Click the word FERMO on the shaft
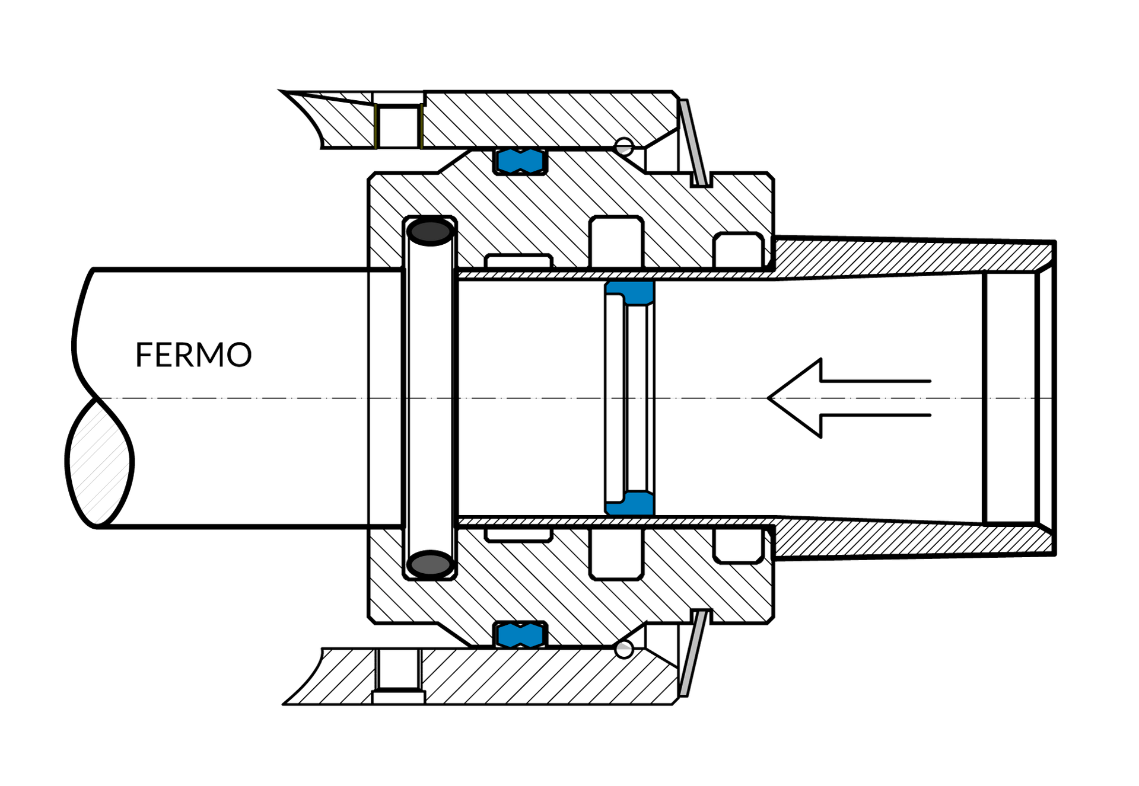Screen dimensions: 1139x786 coord(193,354)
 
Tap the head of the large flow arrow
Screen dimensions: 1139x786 coord(795,398)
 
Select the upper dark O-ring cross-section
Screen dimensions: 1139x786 coord(431,232)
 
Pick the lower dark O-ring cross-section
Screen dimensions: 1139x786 coord(431,564)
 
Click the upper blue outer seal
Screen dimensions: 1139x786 coord(520,161)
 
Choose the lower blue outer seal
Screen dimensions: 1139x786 coord(520,634)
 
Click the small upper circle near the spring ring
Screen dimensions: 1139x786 coord(624,146)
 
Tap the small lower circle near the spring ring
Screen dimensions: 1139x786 coord(624,649)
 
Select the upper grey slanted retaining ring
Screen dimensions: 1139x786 coord(693,142)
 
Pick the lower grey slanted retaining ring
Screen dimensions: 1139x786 coord(693,653)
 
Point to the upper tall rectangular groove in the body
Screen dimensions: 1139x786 coord(616,242)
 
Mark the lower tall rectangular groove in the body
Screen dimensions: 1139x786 coord(616,553)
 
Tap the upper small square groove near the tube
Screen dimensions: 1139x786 coord(738,250)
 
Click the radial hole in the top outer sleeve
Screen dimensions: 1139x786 coord(399,126)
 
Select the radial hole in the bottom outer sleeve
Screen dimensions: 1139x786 coord(399,670)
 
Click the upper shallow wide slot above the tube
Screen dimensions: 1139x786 coord(518,261)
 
